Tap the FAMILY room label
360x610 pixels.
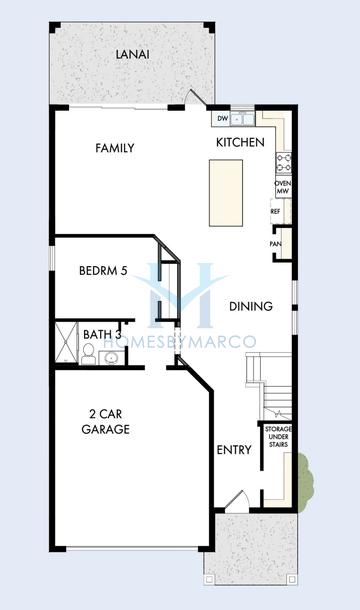point(114,148)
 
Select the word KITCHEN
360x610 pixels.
point(240,143)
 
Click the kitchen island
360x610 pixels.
point(223,192)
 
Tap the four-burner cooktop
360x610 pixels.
point(283,160)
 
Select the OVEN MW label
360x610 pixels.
point(282,187)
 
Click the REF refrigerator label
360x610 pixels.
point(275,212)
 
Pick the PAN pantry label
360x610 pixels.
point(275,243)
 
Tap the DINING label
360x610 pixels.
point(246,307)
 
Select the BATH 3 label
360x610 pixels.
point(103,334)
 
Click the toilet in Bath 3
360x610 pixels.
point(86,353)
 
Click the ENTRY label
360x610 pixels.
point(233,450)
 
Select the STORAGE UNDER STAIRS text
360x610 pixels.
point(276,439)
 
